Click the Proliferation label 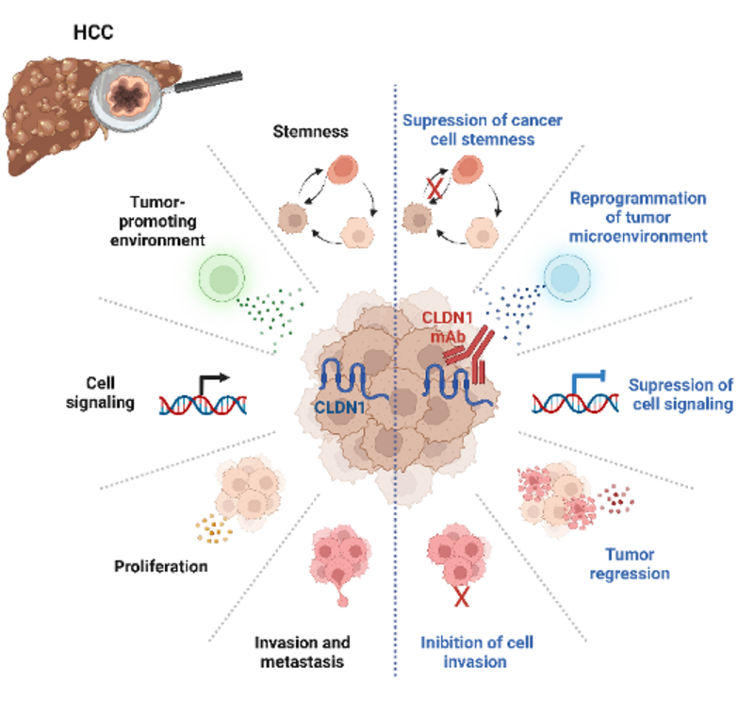[x=160, y=567]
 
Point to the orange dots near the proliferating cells [x=214, y=531]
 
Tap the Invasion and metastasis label [x=298, y=652]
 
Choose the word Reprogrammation [x=638, y=199]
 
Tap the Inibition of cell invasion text [x=476, y=652]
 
